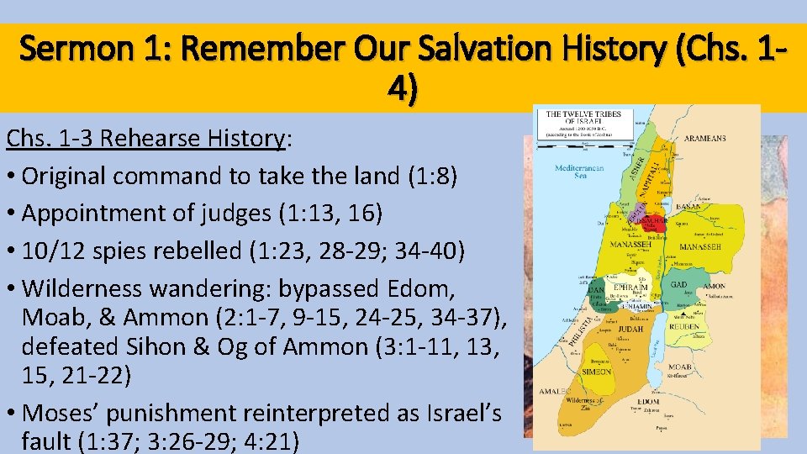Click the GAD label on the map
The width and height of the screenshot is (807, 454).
click(x=680, y=284)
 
